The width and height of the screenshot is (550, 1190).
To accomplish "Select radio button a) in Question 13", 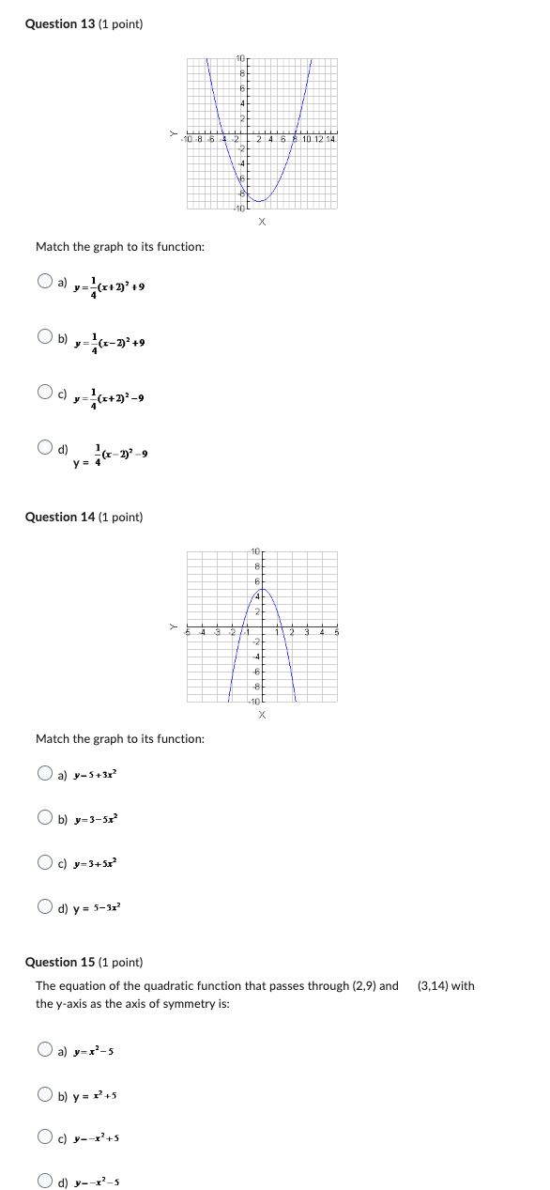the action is coord(45,281).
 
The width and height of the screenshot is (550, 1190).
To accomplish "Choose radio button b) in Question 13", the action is coord(45,336).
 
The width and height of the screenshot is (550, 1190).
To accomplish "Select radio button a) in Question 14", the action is coord(45,773).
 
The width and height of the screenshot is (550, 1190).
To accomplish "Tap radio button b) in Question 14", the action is coord(45,817).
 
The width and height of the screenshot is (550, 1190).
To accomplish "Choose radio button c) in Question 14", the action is coord(45,861).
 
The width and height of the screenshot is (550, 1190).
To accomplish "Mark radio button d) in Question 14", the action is coord(45,906).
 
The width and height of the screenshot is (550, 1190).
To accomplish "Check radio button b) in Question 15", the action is coord(45,1093).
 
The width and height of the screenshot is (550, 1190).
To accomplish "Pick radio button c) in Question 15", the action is coord(45,1137).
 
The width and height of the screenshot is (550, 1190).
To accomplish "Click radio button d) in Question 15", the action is coord(45,1181).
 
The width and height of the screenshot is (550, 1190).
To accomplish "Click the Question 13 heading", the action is coord(84,23).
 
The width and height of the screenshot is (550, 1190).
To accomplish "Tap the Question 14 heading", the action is coord(84,517).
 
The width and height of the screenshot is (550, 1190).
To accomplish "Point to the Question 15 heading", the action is coord(84,962).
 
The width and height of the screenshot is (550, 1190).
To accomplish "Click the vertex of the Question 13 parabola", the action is coord(261,201).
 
